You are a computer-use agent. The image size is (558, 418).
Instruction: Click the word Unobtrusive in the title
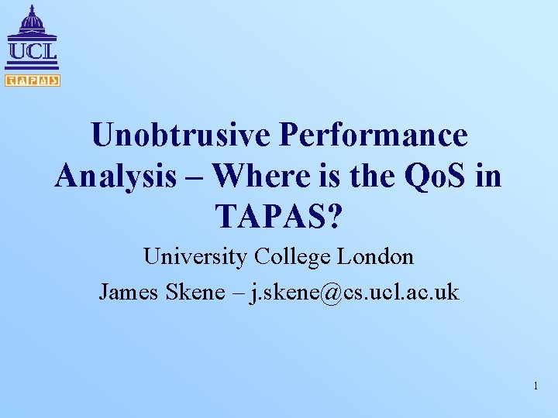click(180, 136)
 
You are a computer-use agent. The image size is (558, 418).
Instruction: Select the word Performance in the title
click(374, 136)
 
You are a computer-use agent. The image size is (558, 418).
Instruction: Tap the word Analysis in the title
click(115, 176)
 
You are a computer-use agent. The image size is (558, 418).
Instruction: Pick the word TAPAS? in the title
click(279, 218)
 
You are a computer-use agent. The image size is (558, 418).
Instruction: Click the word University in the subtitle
click(194, 256)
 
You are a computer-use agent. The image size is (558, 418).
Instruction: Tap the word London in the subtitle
click(376, 256)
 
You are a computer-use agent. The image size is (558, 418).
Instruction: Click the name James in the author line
click(126, 292)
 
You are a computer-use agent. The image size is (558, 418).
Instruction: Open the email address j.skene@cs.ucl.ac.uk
click(353, 292)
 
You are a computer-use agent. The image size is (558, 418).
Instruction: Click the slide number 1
click(535, 385)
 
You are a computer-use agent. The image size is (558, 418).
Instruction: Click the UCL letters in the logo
click(32, 52)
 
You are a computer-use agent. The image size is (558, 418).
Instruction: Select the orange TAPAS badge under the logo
click(32, 81)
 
